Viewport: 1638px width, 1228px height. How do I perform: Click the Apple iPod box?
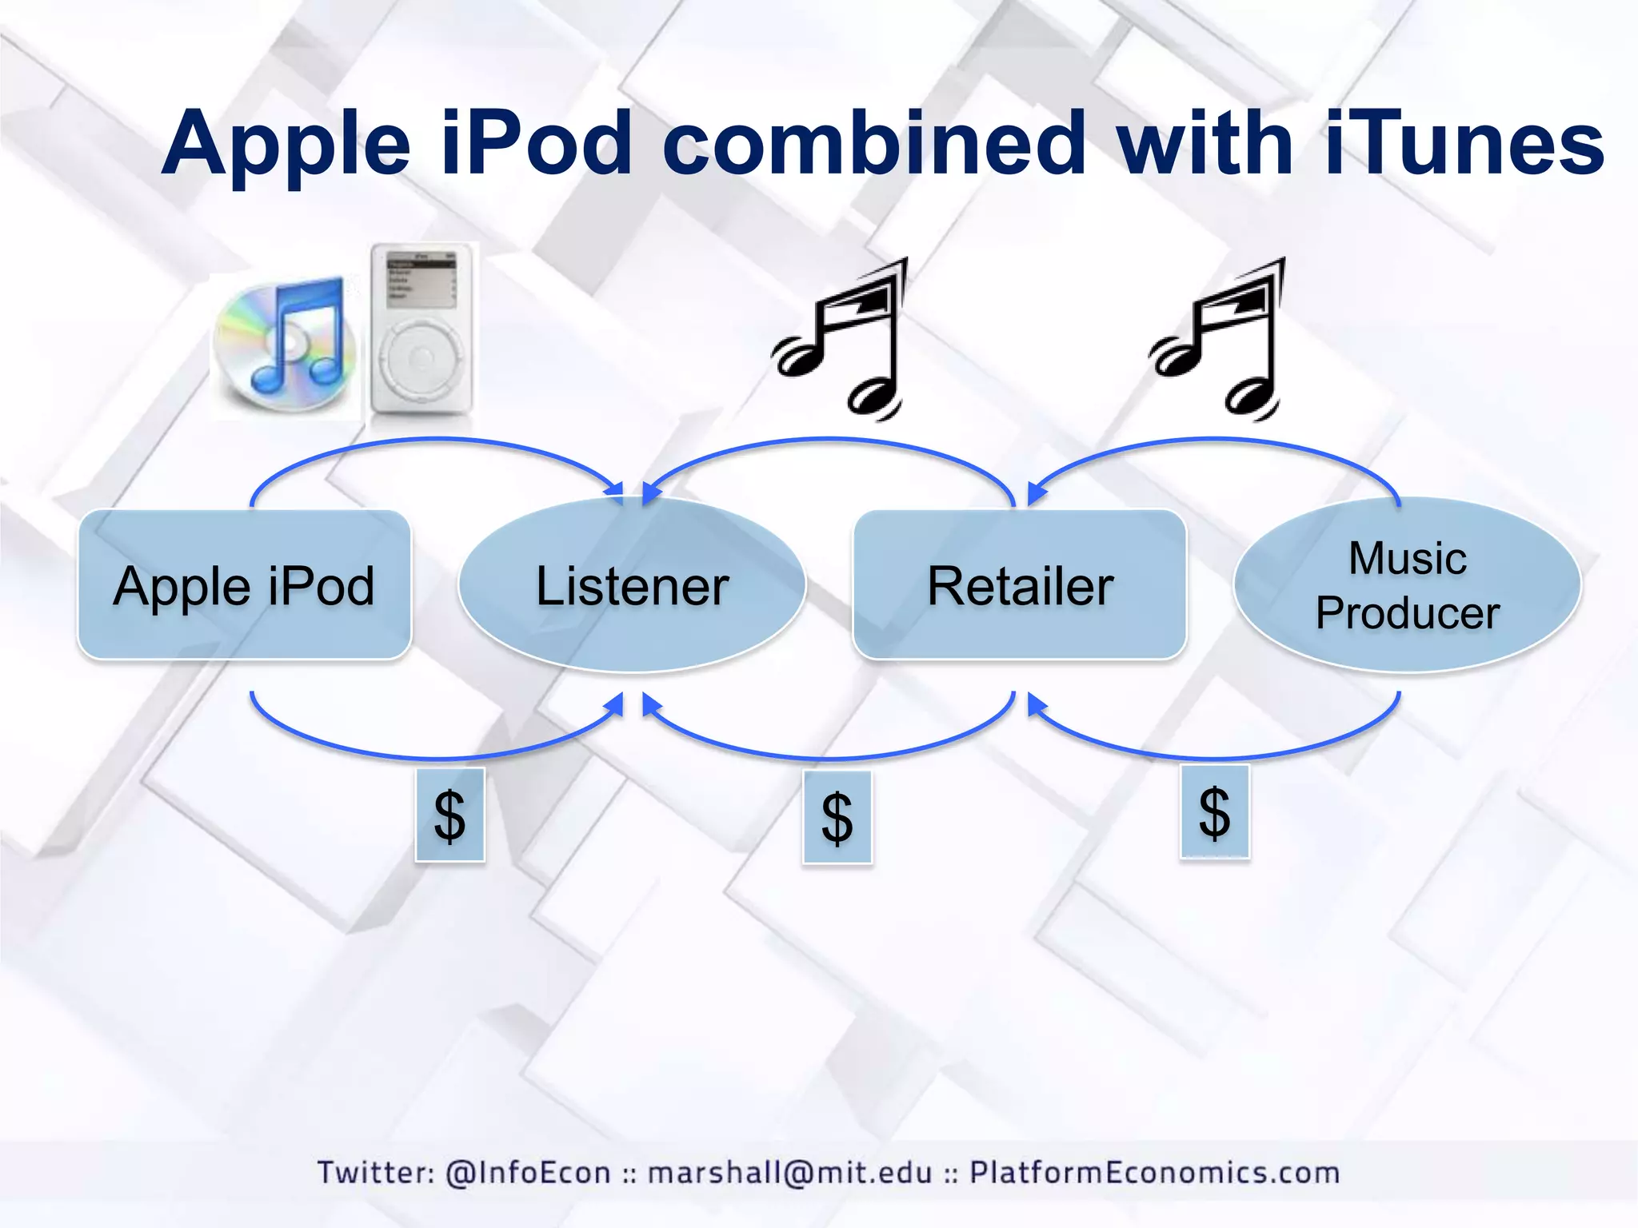[x=244, y=585]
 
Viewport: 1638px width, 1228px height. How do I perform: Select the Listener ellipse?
[x=632, y=585]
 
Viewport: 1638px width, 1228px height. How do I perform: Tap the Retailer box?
[x=1020, y=585]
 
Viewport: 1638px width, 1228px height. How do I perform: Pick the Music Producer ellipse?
[x=1408, y=585]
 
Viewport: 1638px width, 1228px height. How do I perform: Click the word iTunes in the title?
[x=1464, y=144]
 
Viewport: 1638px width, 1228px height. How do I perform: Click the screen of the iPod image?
[x=421, y=279]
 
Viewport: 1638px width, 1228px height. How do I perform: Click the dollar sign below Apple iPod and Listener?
[x=449, y=815]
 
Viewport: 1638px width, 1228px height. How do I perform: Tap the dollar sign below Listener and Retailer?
[x=837, y=817]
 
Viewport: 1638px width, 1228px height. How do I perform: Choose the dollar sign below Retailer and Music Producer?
[x=1214, y=811]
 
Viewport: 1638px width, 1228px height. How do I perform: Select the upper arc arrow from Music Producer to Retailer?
[x=1214, y=440]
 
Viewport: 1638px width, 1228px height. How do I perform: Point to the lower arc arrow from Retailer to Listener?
[x=828, y=757]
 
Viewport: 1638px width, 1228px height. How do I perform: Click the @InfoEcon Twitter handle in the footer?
[x=528, y=1173]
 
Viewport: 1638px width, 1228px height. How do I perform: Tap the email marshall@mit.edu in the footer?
[x=790, y=1173]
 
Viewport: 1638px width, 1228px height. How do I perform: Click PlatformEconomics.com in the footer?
[x=1154, y=1173]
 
